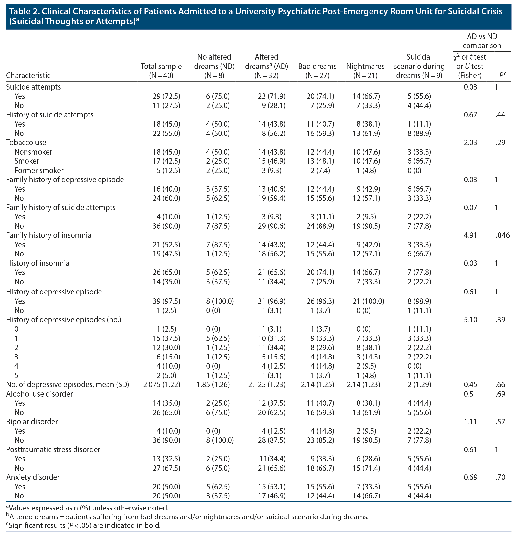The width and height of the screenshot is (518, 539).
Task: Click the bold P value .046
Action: tap(502, 235)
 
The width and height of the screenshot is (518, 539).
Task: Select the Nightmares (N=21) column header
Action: tap(365, 71)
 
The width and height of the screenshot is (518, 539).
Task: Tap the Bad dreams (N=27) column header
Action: tap(317, 71)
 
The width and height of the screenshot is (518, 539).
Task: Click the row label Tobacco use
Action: tap(26, 142)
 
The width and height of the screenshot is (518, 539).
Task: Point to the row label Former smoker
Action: tap(39, 171)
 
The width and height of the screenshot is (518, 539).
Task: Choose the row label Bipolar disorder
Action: tap(32, 422)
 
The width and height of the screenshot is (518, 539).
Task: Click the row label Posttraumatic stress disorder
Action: tap(53, 449)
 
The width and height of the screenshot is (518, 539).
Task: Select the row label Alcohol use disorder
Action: tap(39, 394)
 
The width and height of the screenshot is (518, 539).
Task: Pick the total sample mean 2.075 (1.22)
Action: tap(162, 384)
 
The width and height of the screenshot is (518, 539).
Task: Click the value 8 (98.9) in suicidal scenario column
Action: tap(419, 301)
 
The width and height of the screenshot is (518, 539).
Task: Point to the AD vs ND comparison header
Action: tap(482, 41)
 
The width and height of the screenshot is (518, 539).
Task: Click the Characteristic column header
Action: tap(28, 75)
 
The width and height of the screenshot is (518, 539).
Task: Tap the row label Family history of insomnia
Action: tap(49, 235)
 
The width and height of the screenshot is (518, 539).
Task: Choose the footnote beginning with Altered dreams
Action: tap(187, 517)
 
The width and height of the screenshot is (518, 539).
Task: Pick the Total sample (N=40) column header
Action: tap(161, 71)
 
